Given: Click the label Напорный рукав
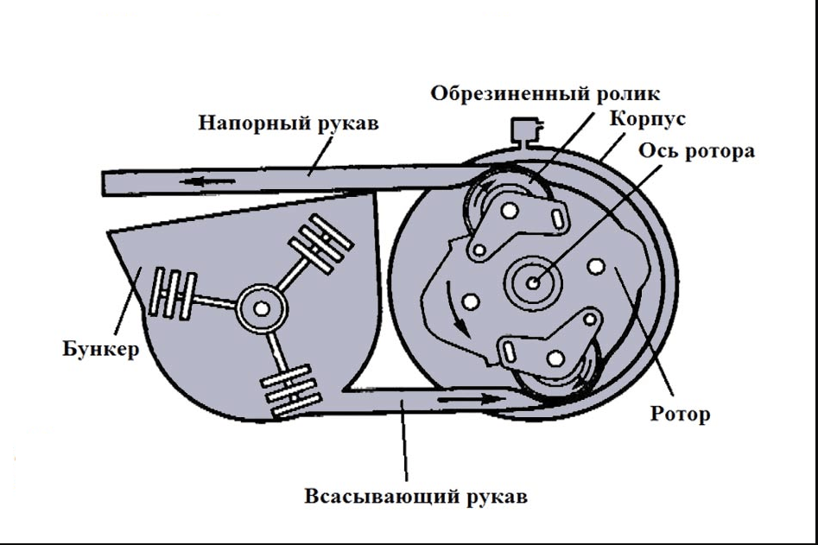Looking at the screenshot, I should pyautogui.click(x=289, y=123).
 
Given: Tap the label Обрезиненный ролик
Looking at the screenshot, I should pyautogui.click(x=546, y=93).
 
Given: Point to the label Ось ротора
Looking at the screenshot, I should pyautogui.click(x=696, y=150).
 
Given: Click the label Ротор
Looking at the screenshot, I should pyautogui.click(x=680, y=414).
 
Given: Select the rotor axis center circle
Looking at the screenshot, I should pyautogui.click(x=533, y=282).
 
